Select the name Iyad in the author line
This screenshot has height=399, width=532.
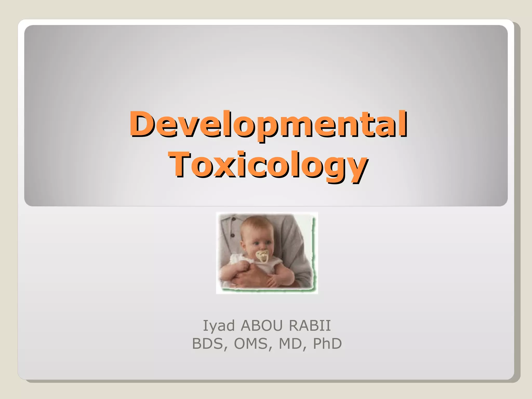tap(219, 325)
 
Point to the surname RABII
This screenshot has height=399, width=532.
tap(310, 325)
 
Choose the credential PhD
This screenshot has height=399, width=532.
tap(327, 344)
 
